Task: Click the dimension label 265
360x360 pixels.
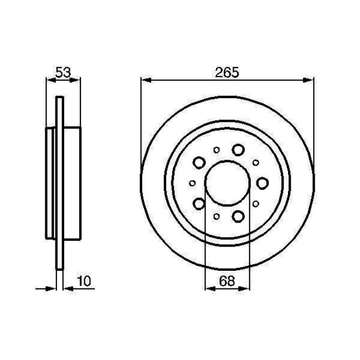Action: (x=228, y=72)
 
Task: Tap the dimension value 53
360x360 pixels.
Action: (x=62, y=72)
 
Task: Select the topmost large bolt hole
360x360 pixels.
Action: (x=239, y=150)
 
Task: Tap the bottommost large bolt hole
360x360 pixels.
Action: (x=239, y=215)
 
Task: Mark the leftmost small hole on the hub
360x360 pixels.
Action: (x=192, y=183)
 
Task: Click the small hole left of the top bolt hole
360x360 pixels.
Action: (x=217, y=149)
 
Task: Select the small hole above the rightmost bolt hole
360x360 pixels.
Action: (x=256, y=162)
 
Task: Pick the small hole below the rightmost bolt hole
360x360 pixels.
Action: (x=256, y=203)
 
